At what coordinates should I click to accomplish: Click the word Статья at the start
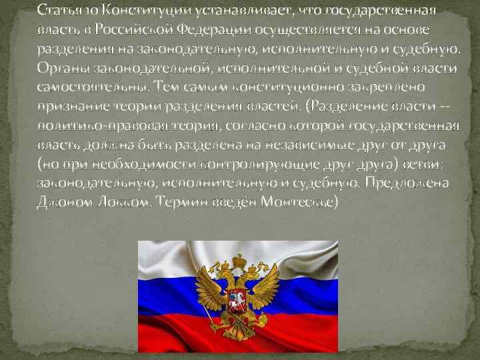coord(56,11)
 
